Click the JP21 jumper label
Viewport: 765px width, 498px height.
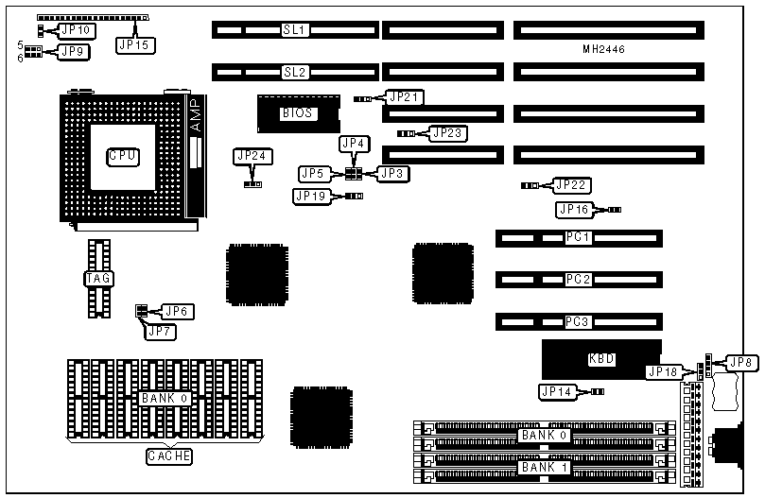(x=404, y=96)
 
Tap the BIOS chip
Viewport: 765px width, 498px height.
(x=295, y=113)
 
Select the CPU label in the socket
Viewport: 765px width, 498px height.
(x=122, y=154)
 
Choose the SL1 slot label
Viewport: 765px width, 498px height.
(x=295, y=30)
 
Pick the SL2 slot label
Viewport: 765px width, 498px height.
(x=295, y=72)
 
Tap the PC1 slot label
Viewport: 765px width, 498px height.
(x=578, y=237)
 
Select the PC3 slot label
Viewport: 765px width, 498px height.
(x=578, y=322)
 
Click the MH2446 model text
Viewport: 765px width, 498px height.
(x=604, y=48)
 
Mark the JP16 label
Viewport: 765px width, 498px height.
(x=575, y=209)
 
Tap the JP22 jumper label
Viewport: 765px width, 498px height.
(x=571, y=185)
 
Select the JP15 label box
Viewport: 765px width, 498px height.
(x=134, y=43)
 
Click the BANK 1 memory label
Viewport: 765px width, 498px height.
(x=542, y=468)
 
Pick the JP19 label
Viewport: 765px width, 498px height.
(x=314, y=196)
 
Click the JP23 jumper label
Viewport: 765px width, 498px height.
(x=447, y=133)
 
